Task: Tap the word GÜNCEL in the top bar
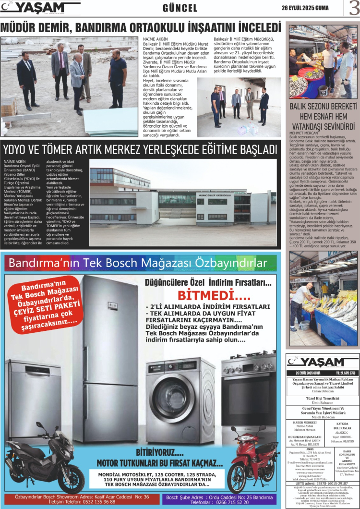[180, 8]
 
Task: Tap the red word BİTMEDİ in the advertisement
[209, 294]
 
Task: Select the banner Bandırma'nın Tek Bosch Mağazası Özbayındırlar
[138, 263]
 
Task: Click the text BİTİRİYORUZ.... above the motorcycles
[159, 452]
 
